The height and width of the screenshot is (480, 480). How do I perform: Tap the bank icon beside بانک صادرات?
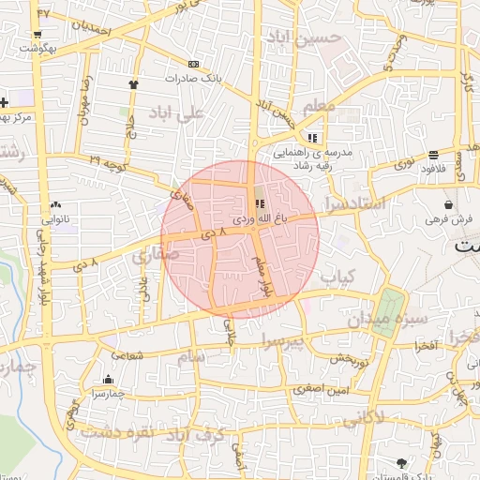tap(193, 64)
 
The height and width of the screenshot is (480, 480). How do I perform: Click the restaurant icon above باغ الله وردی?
tap(260, 202)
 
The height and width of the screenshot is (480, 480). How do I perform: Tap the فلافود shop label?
tap(432, 170)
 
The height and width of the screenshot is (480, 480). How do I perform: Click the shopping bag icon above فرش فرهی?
tap(450, 203)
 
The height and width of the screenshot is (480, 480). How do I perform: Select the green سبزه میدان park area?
tap(391, 310)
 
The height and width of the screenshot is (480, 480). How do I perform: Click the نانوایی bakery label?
tap(55, 218)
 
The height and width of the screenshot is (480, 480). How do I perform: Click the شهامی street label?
tap(128, 355)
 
